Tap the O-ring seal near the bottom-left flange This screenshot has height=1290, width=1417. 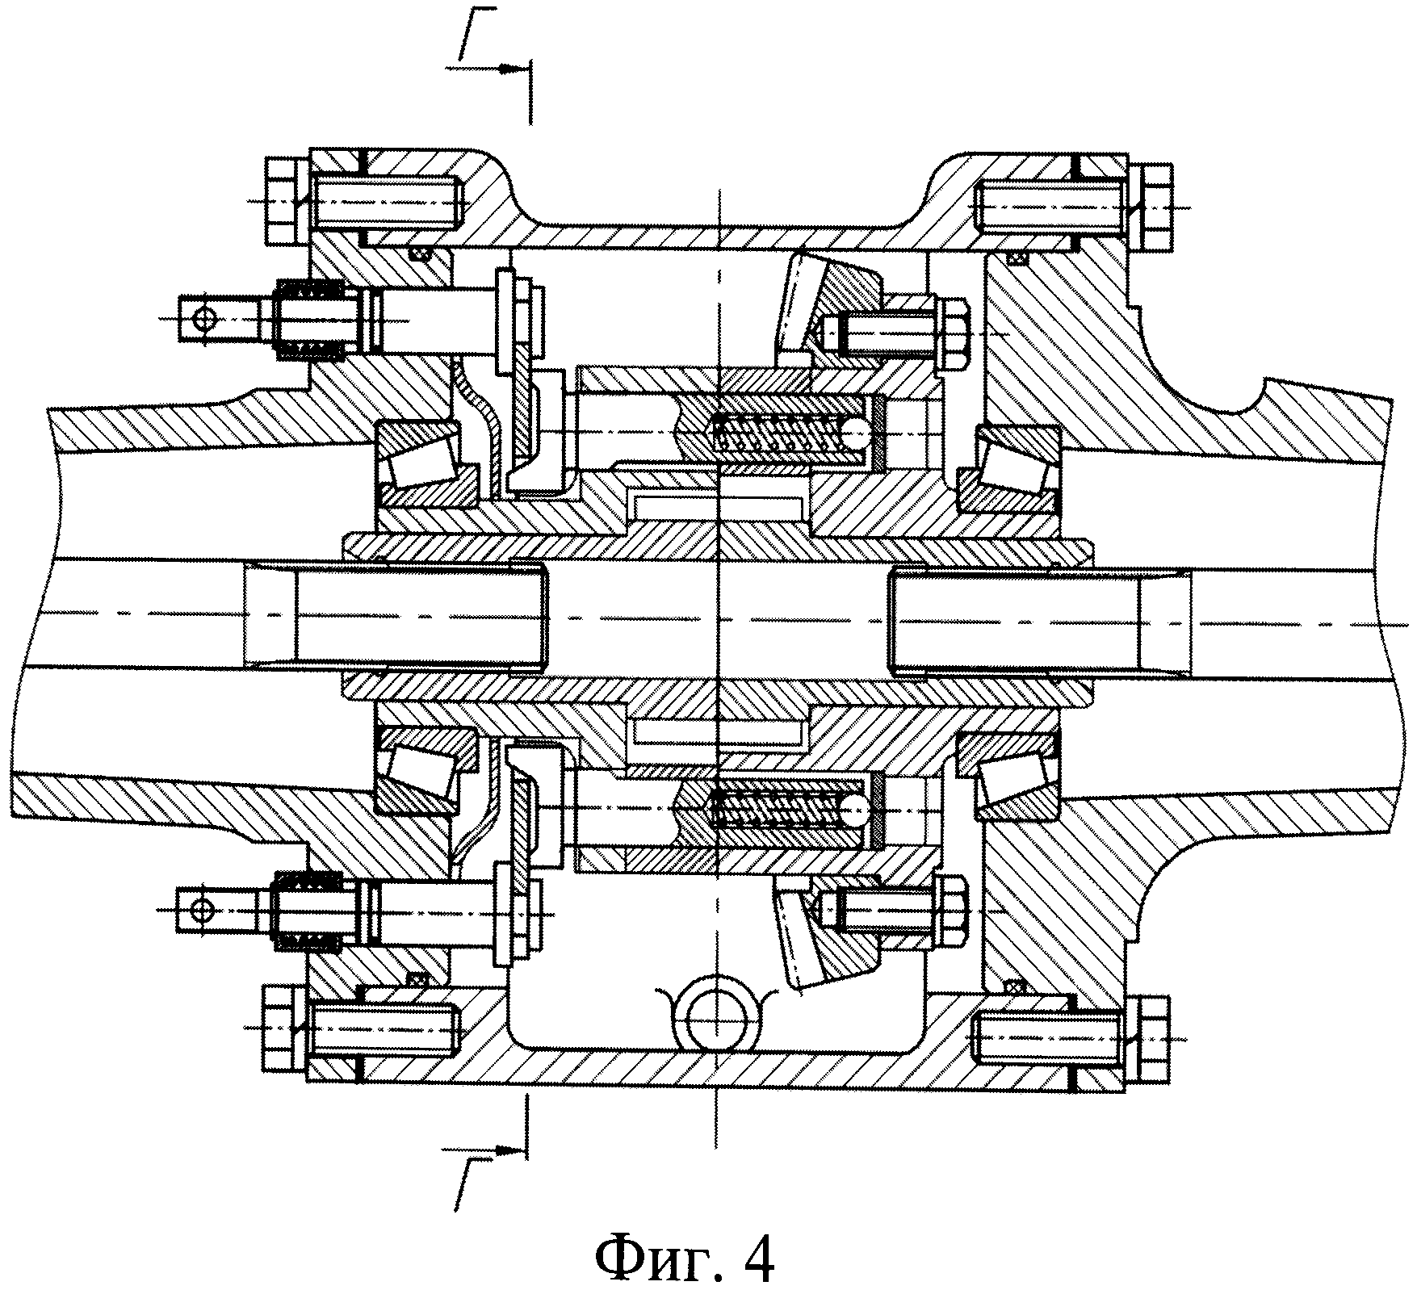[x=417, y=979]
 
